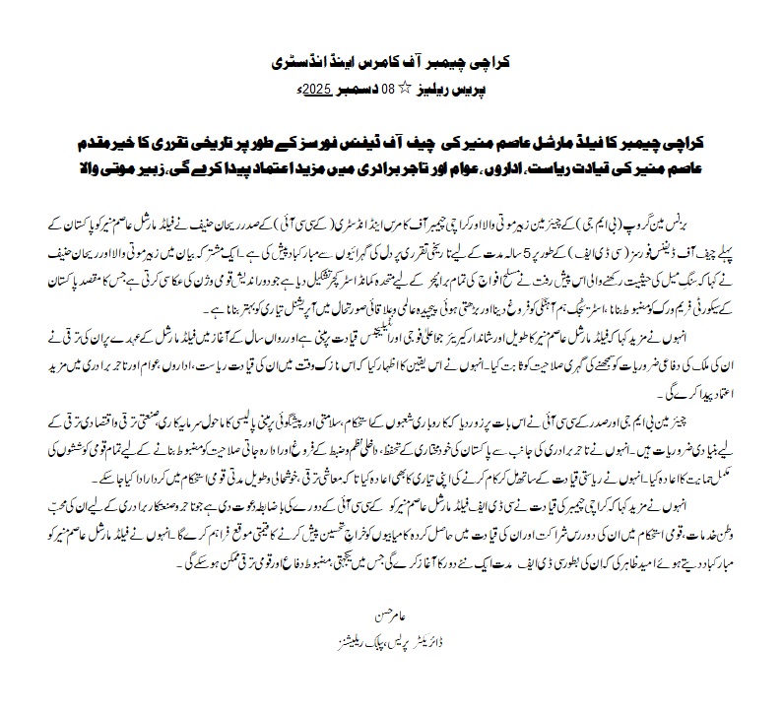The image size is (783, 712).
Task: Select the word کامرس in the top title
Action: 379,63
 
